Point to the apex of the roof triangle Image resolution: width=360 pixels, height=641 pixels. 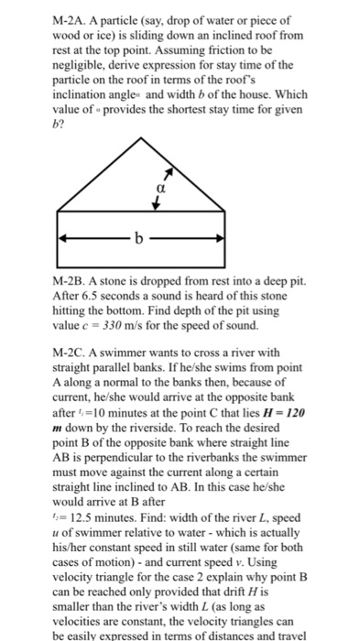[x=141, y=137]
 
